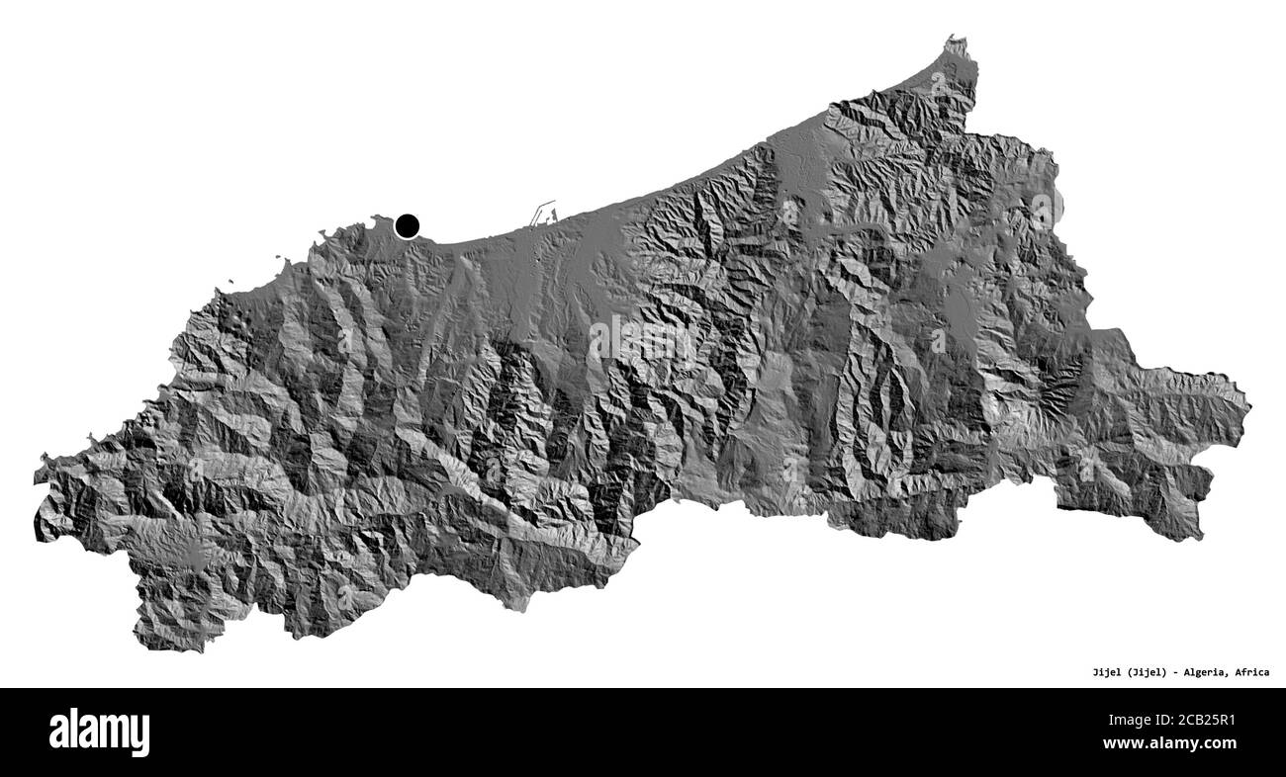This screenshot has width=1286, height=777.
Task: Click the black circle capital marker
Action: pyautogui.click(x=407, y=226)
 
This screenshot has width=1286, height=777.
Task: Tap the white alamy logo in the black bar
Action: pyautogui.click(x=99, y=733)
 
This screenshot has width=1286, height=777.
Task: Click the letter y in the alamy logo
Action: pyautogui.click(x=139, y=735)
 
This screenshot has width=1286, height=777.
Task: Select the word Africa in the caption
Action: pyautogui.click(x=1251, y=672)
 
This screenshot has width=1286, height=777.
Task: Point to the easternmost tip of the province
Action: pyautogui.click(x=1249, y=406)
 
